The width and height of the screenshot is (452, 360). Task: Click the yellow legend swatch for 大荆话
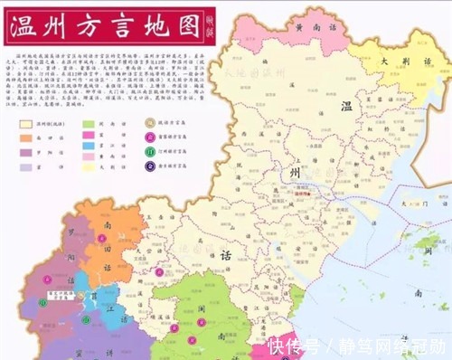click(89, 166)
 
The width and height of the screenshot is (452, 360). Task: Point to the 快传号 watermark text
click(295, 346)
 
